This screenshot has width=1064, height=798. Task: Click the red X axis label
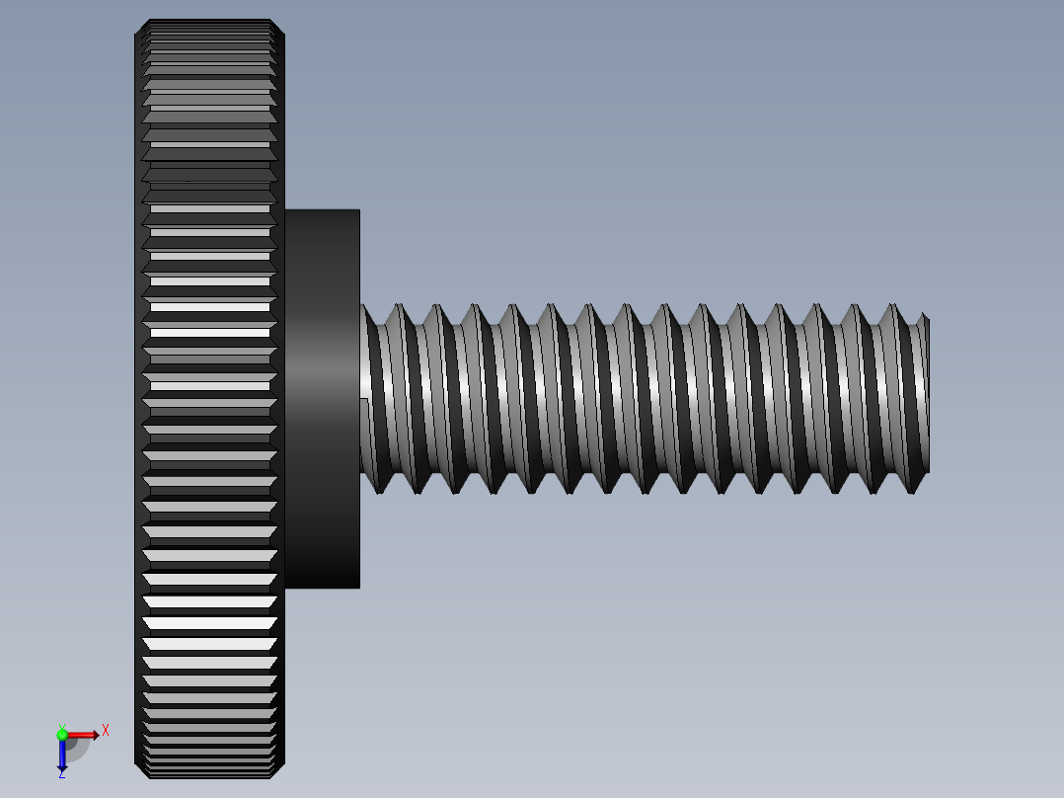[x=106, y=730]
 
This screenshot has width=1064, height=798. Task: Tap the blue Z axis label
[x=61, y=774]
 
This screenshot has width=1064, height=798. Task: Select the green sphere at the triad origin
[x=62, y=735]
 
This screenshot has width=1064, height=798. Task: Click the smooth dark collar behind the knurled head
[x=322, y=296]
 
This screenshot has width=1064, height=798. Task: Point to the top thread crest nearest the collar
[x=399, y=308]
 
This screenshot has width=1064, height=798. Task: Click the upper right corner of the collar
[x=358, y=210]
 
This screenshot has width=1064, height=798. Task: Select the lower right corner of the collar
[x=358, y=587]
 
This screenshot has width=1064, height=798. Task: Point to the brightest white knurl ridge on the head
[x=209, y=601]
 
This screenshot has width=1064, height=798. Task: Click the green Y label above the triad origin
[x=61, y=726]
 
